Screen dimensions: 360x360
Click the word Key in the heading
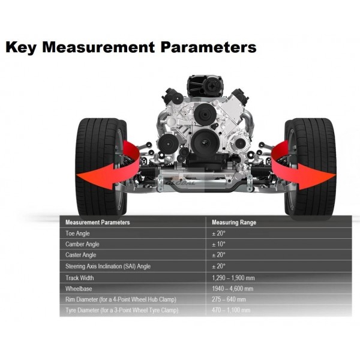(x=21, y=47)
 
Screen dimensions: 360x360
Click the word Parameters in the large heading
(x=208, y=47)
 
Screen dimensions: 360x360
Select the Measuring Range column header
(x=234, y=222)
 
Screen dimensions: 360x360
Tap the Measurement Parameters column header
(x=98, y=222)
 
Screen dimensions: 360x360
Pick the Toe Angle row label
(x=77, y=233)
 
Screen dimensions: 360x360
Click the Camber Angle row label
(x=82, y=244)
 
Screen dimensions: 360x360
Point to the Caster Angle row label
(x=80, y=255)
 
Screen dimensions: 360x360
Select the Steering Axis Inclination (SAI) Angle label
(x=108, y=266)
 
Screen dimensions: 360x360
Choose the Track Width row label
(x=79, y=278)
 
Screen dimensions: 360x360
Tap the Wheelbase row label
(x=79, y=289)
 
